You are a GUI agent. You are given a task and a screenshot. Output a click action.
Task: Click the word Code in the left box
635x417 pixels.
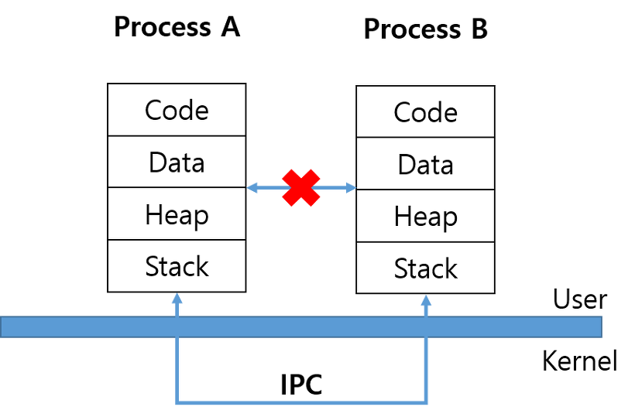tap(177, 111)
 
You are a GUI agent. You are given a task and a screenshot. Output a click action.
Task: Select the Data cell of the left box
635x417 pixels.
tap(177, 162)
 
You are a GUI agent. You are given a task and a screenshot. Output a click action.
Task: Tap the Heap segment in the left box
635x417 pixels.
tap(177, 214)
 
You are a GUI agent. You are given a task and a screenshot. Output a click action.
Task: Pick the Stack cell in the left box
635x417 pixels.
tap(177, 266)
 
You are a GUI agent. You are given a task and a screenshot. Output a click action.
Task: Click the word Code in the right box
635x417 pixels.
tap(425, 113)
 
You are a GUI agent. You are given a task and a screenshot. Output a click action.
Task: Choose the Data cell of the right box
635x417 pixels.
tap(425, 165)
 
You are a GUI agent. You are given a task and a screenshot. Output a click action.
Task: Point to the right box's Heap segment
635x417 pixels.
tap(425, 217)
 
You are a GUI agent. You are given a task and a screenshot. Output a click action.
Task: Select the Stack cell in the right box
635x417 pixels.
tap(425, 268)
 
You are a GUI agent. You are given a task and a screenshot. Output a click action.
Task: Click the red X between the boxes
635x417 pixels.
tap(301, 187)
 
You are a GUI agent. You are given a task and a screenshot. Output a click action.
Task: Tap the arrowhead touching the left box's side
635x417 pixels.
tap(252, 187)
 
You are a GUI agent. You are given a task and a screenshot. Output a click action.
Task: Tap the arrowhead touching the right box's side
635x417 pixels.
tap(352, 187)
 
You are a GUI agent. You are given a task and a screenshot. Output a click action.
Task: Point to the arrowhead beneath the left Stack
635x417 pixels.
tap(177, 298)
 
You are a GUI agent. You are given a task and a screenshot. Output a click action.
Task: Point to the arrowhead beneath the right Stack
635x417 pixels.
tap(426, 300)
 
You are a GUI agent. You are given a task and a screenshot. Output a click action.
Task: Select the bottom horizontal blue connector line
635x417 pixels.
tap(301, 402)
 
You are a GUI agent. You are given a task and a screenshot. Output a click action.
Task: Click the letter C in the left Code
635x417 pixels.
tap(153, 111)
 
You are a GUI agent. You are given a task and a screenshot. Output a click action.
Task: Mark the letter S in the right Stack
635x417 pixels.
tap(401, 268)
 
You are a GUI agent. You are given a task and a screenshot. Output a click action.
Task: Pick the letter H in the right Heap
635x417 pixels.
tap(402, 217)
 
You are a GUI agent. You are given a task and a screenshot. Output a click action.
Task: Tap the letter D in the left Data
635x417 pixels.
tap(156, 162)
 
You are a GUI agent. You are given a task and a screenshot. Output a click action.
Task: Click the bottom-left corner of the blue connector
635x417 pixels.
tap(177, 402)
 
